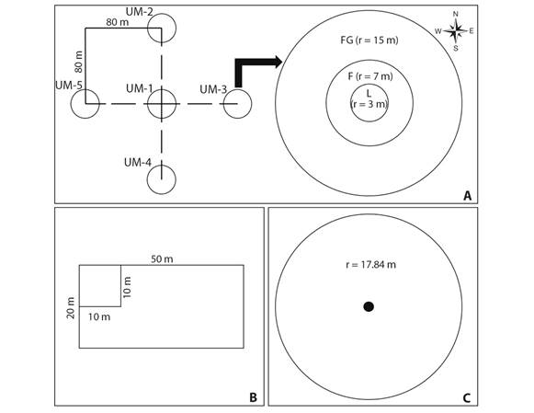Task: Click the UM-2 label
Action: [x=140, y=12]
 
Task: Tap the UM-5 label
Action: [x=69, y=86]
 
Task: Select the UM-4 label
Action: [x=138, y=163]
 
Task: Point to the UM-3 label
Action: [x=213, y=89]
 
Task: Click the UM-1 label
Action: [x=140, y=88]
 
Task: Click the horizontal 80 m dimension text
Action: [x=118, y=22]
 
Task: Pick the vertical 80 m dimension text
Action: [x=78, y=62]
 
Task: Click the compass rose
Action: [x=455, y=31]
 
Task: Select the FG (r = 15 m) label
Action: [x=369, y=40]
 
